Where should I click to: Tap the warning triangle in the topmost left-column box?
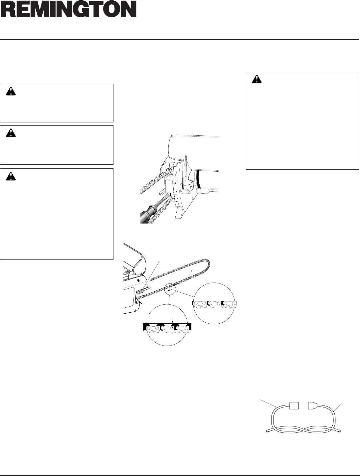[11, 91]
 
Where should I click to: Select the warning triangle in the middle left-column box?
[11, 133]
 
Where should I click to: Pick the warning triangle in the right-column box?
[257, 79]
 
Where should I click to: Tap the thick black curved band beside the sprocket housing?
[198, 179]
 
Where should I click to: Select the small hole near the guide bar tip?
[192, 271]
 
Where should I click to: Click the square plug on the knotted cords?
[294, 405]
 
